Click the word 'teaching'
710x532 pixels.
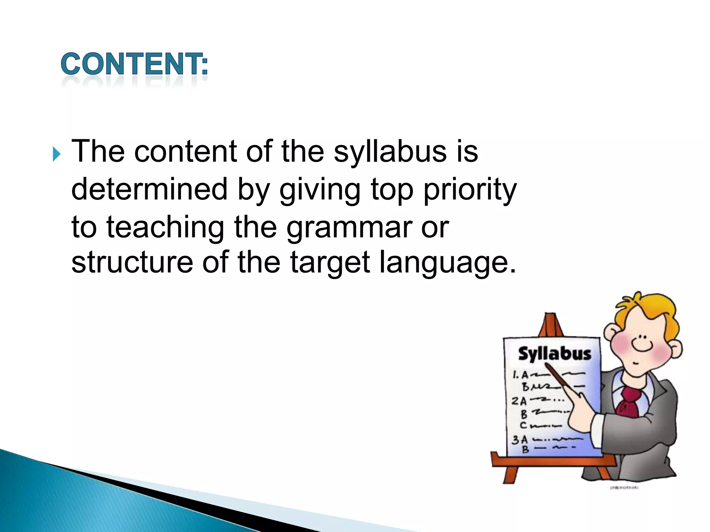pyautogui.click(x=165, y=228)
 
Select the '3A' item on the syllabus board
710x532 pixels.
pyautogui.click(x=520, y=440)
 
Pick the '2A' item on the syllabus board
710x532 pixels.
pyautogui.click(x=519, y=401)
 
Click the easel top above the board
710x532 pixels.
pyautogui.click(x=551, y=324)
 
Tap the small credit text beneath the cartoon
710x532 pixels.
pyautogui.click(x=624, y=488)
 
